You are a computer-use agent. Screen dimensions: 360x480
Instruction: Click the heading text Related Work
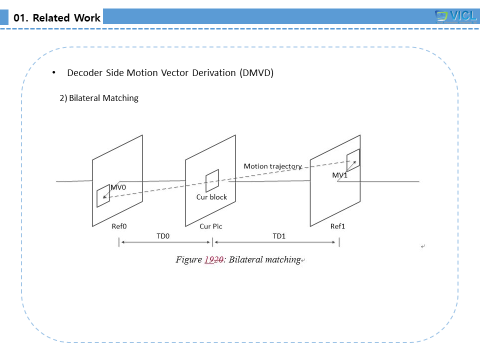[x=57, y=18]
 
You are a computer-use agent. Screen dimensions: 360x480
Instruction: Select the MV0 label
[x=118, y=187]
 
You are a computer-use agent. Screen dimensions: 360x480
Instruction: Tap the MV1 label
[x=339, y=175]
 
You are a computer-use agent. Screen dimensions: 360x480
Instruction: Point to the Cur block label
[x=211, y=197]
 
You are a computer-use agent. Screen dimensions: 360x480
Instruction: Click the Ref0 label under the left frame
[x=119, y=226]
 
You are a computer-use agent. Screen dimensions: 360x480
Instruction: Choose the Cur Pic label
[x=211, y=226]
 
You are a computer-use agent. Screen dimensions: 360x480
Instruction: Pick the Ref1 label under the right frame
[x=337, y=226]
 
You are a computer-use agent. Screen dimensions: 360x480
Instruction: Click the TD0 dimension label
[x=163, y=235]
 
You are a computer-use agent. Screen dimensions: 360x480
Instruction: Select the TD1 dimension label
[x=279, y=235]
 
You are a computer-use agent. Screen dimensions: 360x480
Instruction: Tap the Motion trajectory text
[x=272, y=166]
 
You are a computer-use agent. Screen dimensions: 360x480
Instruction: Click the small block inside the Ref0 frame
[x=103, y=195]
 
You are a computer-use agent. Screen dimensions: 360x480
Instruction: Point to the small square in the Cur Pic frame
[x=212, y=180]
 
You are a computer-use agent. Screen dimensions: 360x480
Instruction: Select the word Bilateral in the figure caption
[x=246, y=260]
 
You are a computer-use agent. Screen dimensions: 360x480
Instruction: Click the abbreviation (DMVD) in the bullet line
[x=256, y=72]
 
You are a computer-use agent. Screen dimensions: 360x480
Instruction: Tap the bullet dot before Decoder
[x=53, y=72]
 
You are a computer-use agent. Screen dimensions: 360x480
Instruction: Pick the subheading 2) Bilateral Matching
[x=99, y=98]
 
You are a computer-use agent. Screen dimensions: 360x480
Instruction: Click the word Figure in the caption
[x=188, y=260]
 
